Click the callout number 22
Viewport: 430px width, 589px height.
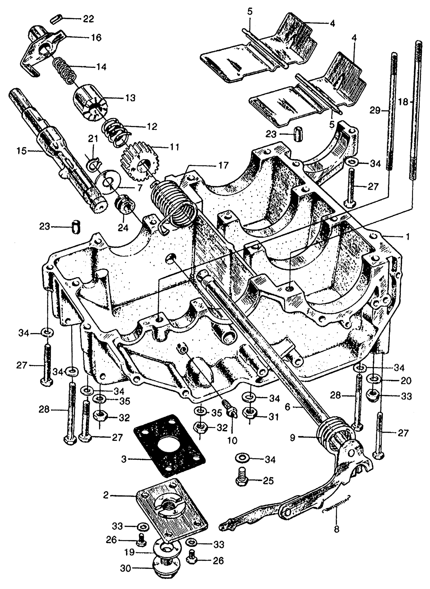pyautogui.click(x=88, y=19)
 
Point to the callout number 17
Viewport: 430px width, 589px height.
pyautogui.click(x=224, y=165)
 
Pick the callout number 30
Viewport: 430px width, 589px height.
pyautogui.click(x=126, y=576)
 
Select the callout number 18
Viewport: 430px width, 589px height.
pyautogui.click(x=403, y=102)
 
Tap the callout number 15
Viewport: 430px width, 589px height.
pyautogui.click(x=22, y=151)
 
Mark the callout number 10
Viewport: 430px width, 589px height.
pyautogui.click(x=232, y=440)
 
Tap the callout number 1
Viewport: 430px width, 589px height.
pyautogui.click(x=408, y=236)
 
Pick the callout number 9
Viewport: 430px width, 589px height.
pyautogui.click(x=293, y=438)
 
